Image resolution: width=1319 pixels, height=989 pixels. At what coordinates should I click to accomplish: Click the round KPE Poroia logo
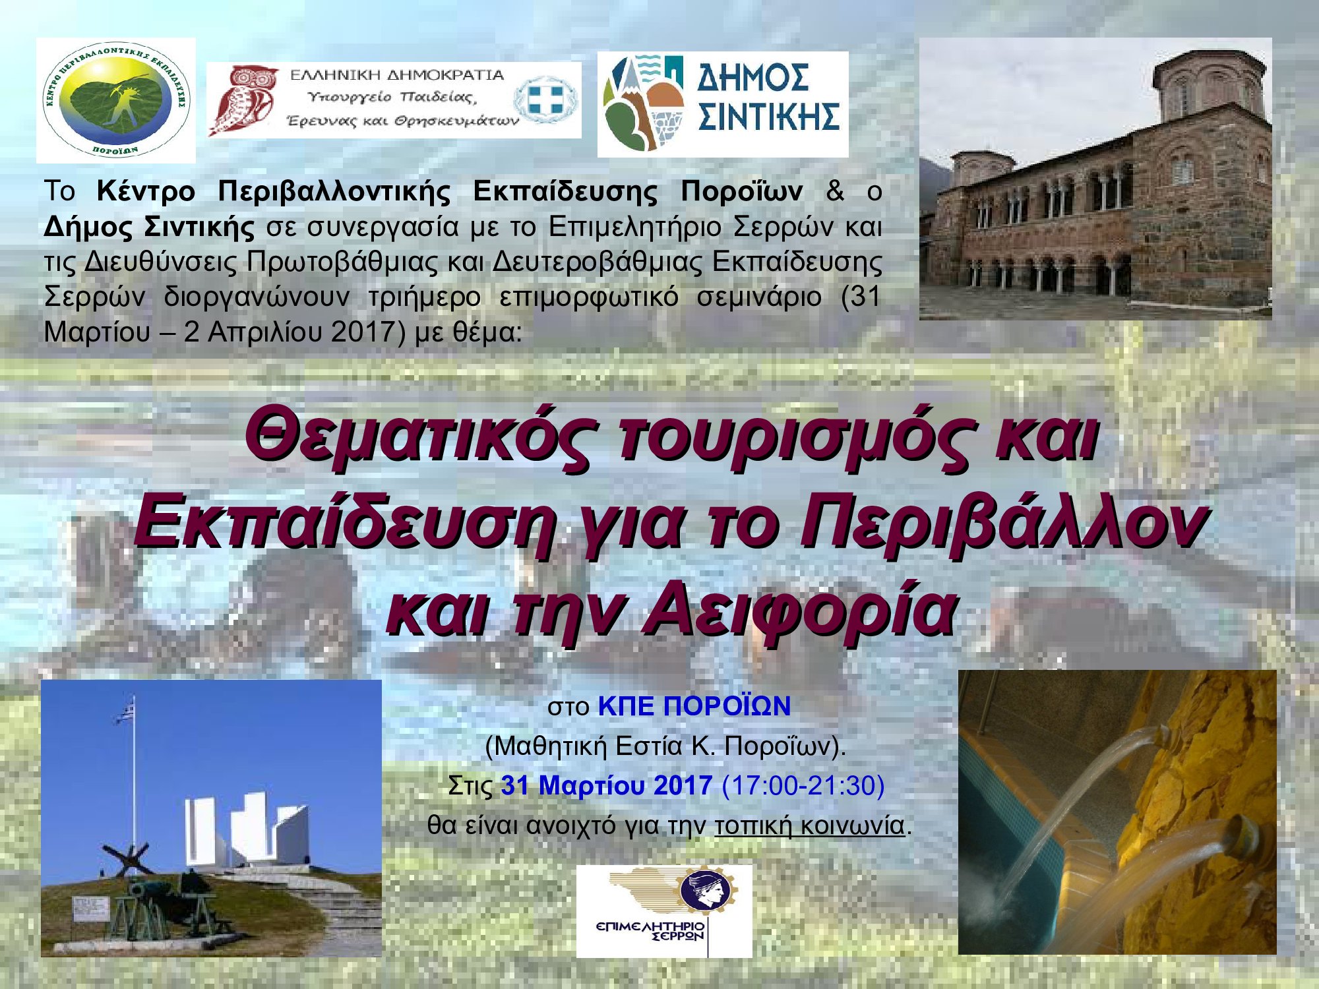tap(116, 100)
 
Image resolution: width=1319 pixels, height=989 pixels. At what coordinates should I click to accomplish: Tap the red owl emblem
tap(243, 100)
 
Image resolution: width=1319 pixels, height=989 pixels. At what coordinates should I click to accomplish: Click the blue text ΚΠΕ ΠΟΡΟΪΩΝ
tap(694, 706)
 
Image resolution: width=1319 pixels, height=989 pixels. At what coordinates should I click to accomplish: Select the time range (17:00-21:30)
tap(803, 785)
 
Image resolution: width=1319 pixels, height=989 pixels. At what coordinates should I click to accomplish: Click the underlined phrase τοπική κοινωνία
tap(809, 825)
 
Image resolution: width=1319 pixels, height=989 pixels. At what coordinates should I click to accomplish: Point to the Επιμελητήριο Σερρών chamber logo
tap(664, 911)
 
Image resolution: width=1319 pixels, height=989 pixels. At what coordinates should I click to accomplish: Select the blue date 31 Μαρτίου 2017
tap(606, 785)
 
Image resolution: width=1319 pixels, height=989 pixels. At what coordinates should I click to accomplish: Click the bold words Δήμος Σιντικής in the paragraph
tap(149, 227)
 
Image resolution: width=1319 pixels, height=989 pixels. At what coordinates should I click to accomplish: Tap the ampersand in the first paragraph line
tap(835, 191)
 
